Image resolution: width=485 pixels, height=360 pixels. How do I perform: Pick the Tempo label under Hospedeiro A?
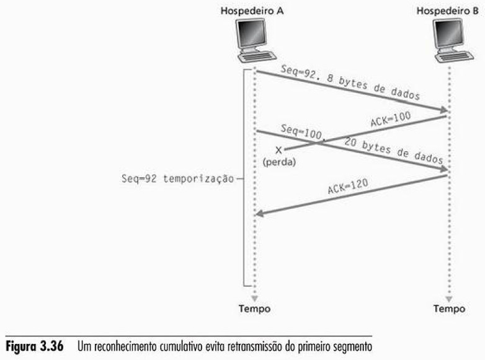pyautogui.click(x=255, y=308)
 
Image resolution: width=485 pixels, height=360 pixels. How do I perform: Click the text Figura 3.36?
pyautogui.click(x=40, y=345)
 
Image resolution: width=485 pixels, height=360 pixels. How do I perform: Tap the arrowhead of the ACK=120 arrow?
pyautogui.click(x=260, y=214)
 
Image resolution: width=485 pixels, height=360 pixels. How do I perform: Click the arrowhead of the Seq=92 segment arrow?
pyautogui.click(x=443, y=111)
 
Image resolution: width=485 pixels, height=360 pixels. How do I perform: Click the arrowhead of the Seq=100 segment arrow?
pyautogui.click(x=443, y=169)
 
